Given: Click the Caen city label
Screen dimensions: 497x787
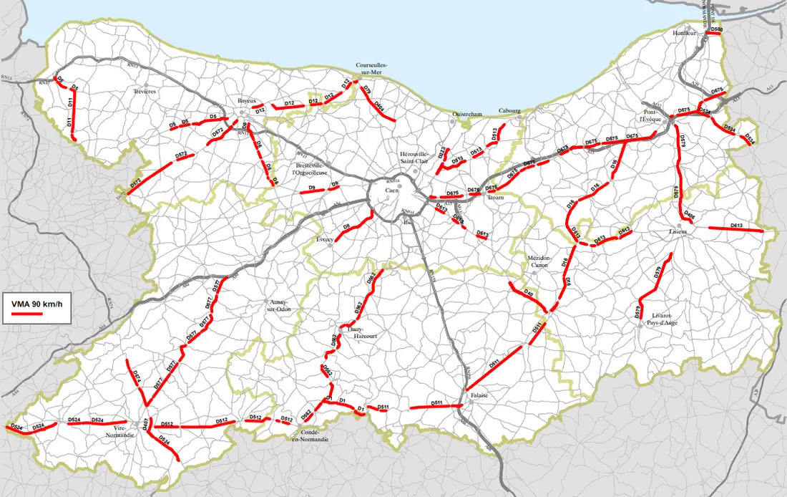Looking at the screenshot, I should point(391,191).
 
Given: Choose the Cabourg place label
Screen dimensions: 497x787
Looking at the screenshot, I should point(509,112).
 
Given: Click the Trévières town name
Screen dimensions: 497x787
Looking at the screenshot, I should point(145,92).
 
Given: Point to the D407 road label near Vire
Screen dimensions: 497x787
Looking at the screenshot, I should point(145,425).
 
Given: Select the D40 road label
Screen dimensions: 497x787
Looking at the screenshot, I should point(528,292).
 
